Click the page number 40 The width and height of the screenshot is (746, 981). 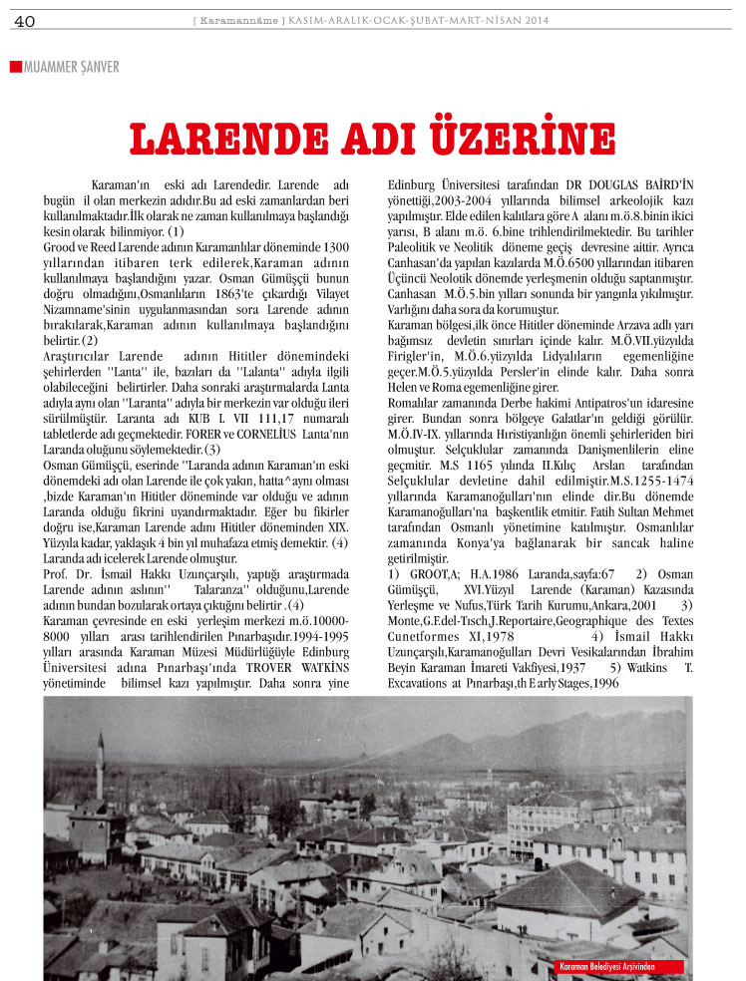[25, 21]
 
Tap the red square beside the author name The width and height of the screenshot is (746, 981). [15, 67]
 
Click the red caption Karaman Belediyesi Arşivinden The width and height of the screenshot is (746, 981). [620, 966]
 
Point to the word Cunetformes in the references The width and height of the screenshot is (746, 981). [427, 633]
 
